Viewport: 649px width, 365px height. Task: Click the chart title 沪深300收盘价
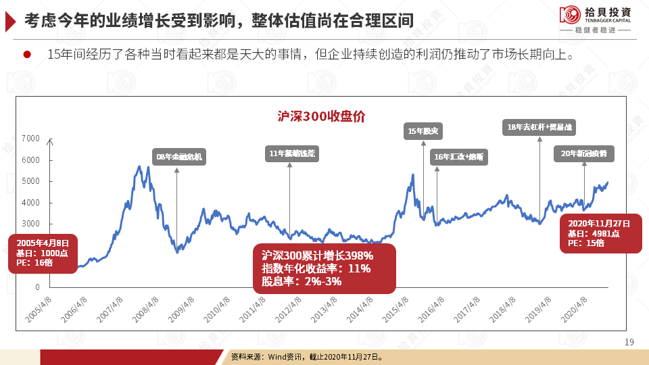321,116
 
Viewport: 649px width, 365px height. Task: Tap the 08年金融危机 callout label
178,157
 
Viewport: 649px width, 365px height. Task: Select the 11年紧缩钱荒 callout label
291,154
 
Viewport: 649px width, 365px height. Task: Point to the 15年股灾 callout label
423,130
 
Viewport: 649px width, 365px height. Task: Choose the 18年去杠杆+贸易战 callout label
539,127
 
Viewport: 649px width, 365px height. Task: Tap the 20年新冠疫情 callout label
584,153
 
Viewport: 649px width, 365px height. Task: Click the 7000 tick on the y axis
31,139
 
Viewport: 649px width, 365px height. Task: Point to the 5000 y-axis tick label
31,181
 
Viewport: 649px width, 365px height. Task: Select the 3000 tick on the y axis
31,224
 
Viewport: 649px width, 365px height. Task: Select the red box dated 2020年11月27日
600,233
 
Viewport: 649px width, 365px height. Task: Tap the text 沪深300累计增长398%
318,256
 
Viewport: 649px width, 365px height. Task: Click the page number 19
629,343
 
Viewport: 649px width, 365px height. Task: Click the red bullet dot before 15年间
28,54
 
